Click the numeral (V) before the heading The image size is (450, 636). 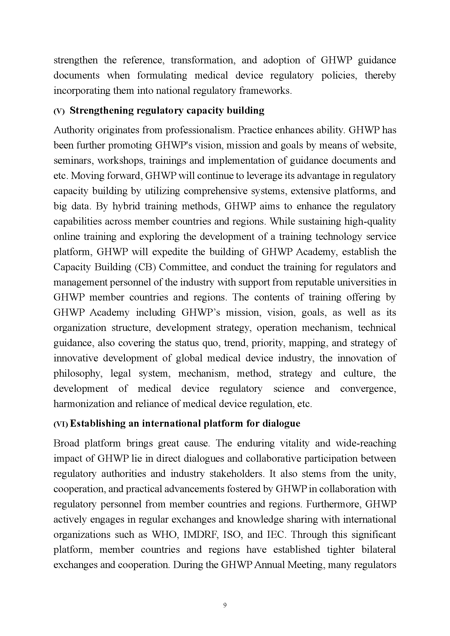pos(59,111)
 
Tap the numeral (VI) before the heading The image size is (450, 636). pos(60,424)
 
